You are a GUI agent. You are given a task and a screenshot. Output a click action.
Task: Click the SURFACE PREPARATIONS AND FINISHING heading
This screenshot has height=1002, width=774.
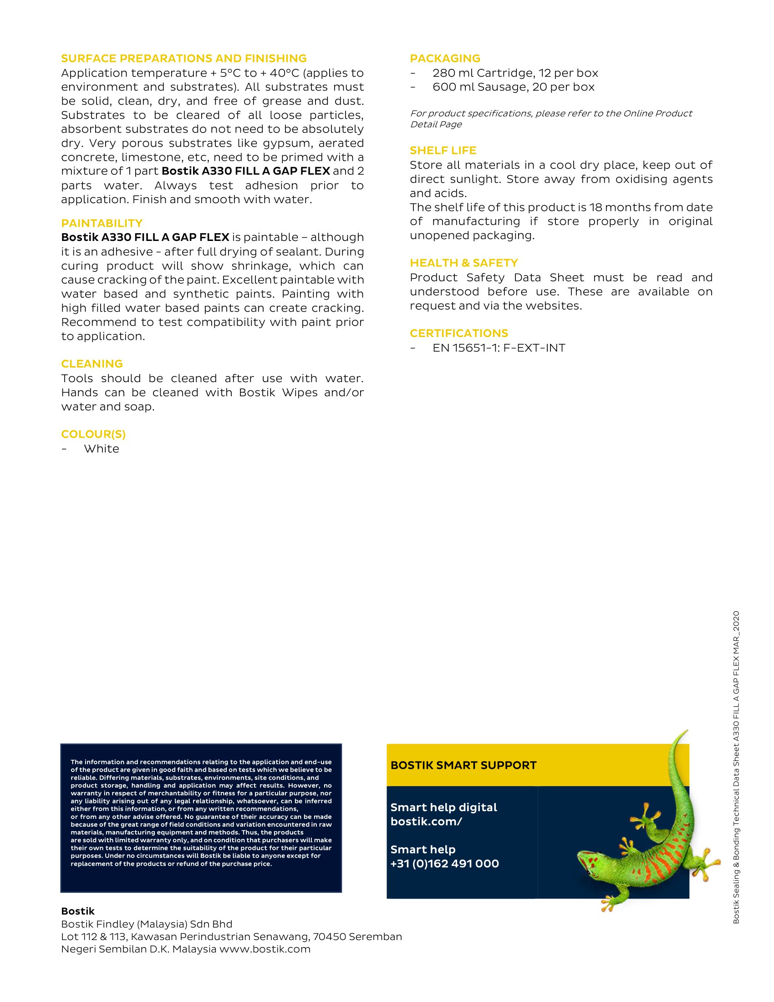point(184,58)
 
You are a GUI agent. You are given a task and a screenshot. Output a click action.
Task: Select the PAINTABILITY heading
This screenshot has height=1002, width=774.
point(102,223)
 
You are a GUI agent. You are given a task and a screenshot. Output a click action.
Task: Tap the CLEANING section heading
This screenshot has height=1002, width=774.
point(92,363)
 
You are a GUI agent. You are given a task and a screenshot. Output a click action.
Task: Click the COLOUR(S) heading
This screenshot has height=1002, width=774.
point(93,434)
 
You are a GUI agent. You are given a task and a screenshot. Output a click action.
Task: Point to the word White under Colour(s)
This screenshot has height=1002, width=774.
point(102,449)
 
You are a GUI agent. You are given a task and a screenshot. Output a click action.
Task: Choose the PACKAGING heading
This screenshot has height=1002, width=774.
point(445,58)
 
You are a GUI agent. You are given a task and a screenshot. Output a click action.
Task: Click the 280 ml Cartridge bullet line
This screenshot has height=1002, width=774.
point(515,73)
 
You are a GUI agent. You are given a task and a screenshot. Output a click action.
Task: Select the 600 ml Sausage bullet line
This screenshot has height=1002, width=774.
point(513,87)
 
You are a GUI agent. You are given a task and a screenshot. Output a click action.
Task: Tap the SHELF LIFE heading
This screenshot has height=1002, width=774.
point(443,150)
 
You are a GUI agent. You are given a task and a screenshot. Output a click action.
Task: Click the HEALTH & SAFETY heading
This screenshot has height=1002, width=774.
point(463,262)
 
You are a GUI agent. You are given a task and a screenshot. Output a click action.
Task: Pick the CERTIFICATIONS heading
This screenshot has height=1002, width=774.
point(458,333)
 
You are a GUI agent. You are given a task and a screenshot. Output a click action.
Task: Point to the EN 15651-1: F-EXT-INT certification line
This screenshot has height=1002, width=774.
point(499,348)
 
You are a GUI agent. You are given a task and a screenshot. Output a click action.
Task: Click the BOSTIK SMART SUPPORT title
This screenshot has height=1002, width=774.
point(463,765)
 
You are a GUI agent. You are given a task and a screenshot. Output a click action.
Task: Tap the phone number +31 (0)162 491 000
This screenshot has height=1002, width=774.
point(444,864)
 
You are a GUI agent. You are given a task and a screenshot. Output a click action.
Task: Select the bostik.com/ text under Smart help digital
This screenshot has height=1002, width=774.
point(426,821)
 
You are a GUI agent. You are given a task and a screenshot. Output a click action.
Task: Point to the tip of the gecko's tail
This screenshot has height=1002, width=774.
point(687,731)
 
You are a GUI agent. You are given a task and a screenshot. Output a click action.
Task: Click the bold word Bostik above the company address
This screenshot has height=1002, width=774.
point(77,911)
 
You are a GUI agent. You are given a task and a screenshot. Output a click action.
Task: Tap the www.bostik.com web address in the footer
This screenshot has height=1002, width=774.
point(265,949)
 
